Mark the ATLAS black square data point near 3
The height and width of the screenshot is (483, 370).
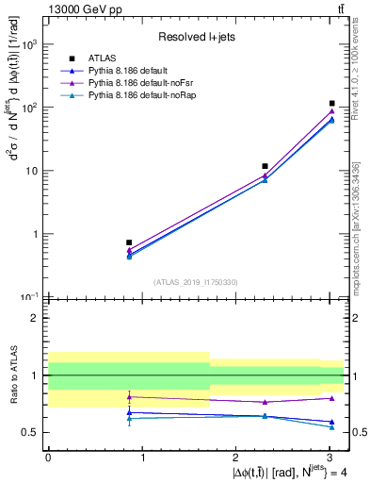pos(332,104)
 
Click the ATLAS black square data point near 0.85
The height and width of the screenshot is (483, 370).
pos(129,242)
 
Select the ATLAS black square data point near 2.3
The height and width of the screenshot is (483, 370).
pos(265,166)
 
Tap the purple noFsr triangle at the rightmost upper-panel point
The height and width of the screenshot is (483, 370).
pos(332,111)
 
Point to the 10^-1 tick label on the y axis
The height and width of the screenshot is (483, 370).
pos(30,296)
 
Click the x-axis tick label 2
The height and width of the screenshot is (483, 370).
pos(235,456)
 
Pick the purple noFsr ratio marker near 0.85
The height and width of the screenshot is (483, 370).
pos(129,396)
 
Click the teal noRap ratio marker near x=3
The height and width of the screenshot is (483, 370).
pos(332,427)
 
